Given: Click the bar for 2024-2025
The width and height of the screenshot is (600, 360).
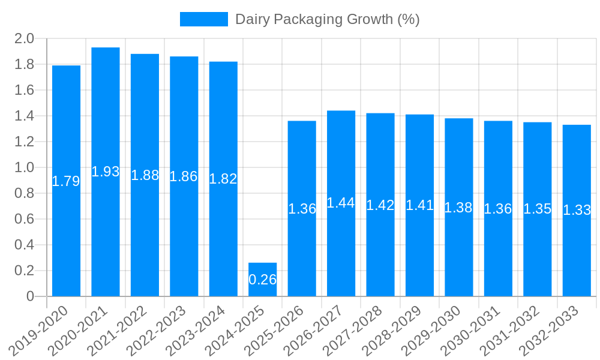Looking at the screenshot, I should point(263,280).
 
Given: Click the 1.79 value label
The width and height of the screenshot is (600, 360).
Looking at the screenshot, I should point(66,181).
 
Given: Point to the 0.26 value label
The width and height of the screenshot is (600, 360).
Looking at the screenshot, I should point(263,280).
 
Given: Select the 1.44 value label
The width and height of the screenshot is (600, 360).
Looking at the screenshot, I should point(341,203).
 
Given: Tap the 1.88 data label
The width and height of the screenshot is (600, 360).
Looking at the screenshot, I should point(145,175).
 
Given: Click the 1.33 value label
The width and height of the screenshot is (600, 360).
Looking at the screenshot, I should point(577,210).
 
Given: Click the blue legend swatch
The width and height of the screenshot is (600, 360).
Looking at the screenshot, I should point(204,19).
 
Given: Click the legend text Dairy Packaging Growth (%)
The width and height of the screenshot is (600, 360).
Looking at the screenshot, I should point(327,19).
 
